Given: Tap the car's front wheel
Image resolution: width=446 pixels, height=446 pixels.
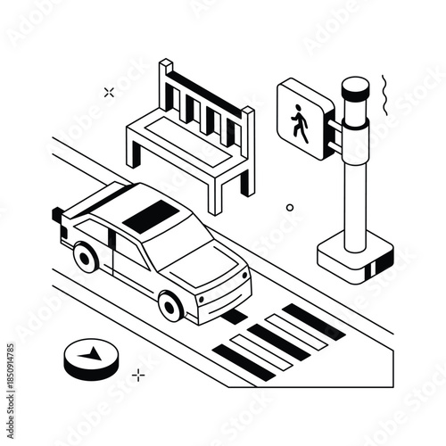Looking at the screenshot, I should click(x=170, y=306).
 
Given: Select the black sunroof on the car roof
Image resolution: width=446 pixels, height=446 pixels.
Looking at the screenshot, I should click(x=150, y=215).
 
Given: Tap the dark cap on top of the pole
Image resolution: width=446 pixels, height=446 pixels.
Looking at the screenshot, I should click(x=355, y=87).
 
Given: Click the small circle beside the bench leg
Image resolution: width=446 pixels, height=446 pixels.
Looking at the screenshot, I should click(x=289, y=208).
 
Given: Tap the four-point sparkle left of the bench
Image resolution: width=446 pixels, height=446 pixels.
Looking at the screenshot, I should click(x=109, y=92).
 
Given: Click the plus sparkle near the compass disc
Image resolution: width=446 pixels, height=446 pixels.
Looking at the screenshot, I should click(x=138, y=376).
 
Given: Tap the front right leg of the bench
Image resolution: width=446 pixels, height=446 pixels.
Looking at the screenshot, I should click(x=215, y=192).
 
